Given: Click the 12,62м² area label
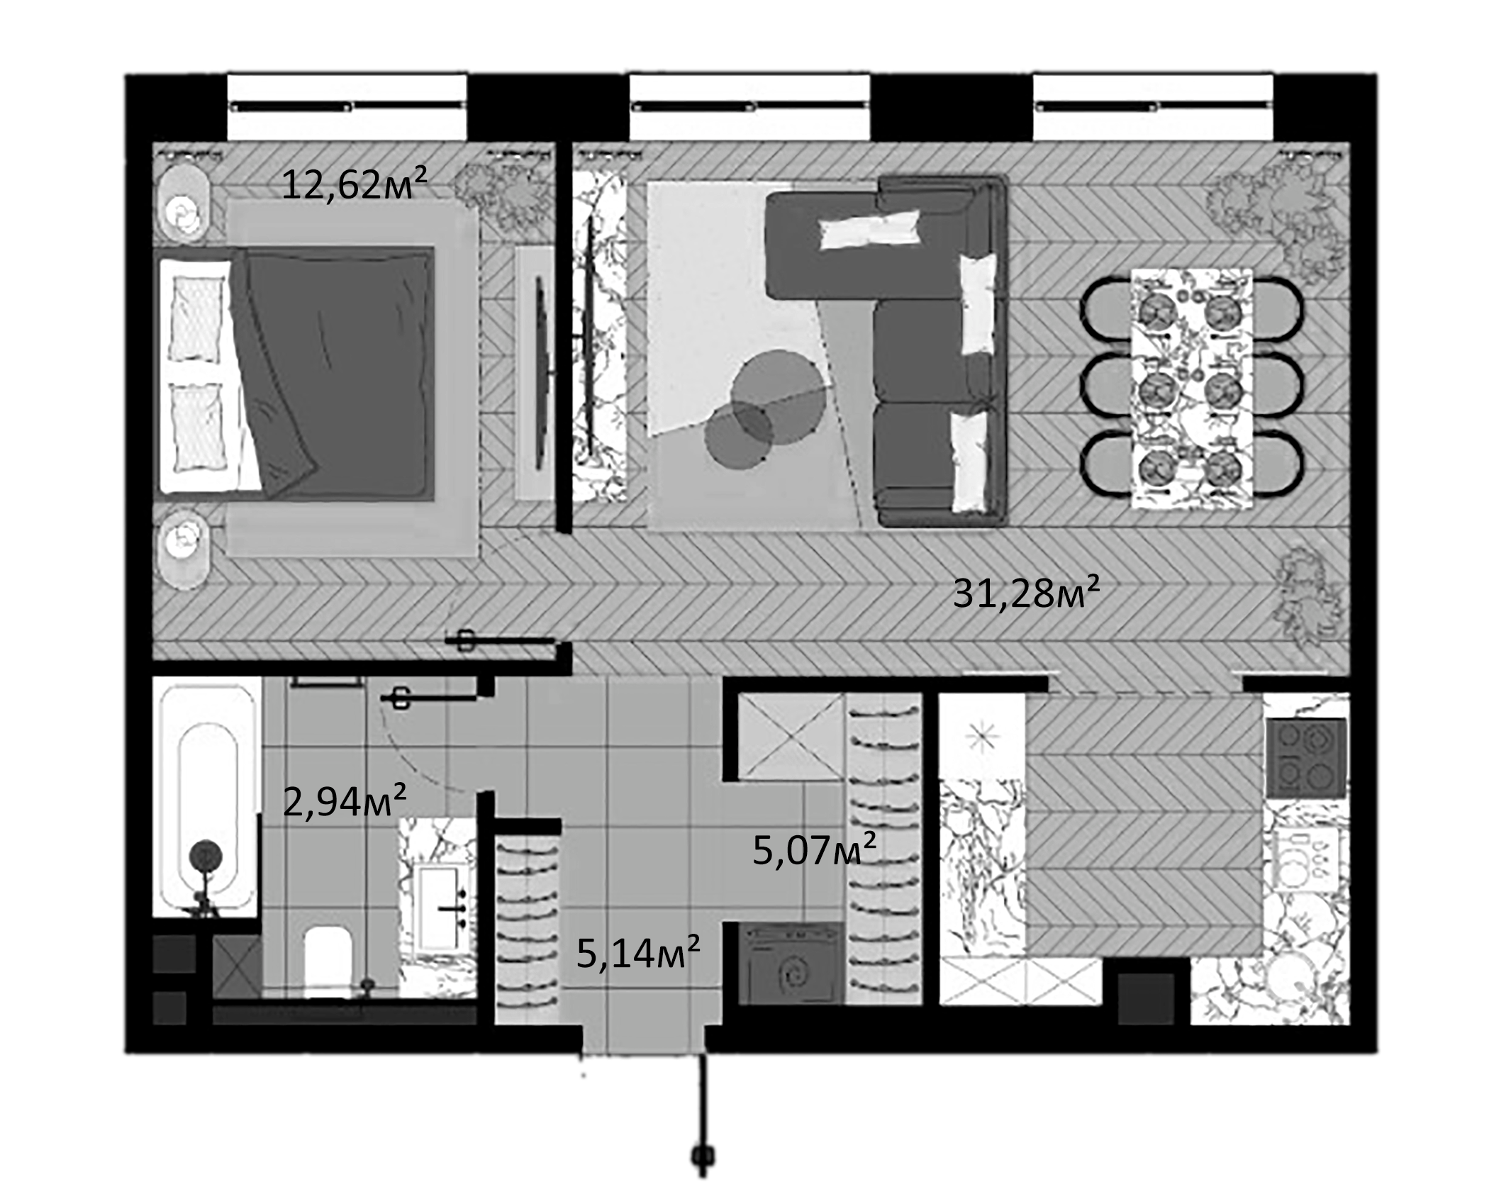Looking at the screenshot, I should point(355,185).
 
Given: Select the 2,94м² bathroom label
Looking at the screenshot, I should point(345,802).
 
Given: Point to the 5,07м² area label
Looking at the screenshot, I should point(814,849).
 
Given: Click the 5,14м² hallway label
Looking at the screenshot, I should point(638,952).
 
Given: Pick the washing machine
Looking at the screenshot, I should point(790,965).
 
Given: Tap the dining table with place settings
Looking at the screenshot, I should point(1191,388).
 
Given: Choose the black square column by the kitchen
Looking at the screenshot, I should point(1146,999).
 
